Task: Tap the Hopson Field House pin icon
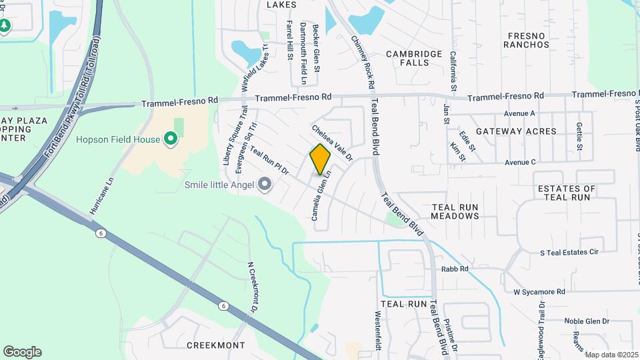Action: point(170,139)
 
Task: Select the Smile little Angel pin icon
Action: point(265,184)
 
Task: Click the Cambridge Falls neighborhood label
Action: point(414,58)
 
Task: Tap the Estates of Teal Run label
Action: point(567,193)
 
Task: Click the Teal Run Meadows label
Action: point(455,212)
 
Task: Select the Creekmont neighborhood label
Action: point(215,345)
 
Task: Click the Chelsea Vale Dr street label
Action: point(331,142)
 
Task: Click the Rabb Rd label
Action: point(455,269)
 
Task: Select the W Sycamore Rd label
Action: point(539,291)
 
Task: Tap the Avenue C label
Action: point(521,162)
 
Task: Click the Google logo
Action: point(22,351)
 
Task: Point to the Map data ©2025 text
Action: point(612,355)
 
